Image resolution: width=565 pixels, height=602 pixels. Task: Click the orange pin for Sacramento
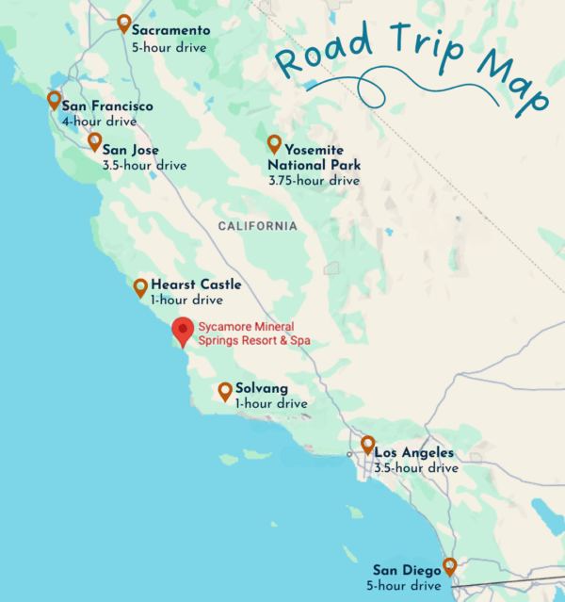click(x=124, y=24)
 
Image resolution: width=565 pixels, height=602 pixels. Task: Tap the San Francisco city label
click(x=106, y=106)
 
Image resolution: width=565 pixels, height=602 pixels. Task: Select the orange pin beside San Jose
click(x=94, y=141)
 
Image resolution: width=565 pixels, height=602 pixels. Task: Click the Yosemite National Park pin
click(x=274, y=143)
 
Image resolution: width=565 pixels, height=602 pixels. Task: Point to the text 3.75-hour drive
click(x=314, y=180)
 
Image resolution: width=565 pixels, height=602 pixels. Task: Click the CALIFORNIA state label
click(x=257, y=226)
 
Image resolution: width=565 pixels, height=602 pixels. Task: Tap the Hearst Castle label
click(x=196, y=285)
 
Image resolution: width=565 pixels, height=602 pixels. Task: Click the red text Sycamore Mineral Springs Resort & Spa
click(x=253, y=334)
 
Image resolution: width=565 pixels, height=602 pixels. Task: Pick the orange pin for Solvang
click(x=225, y=391)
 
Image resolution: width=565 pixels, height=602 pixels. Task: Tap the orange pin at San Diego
click(x=450, y=566)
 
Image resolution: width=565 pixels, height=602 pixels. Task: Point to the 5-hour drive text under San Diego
click(x=406, y=586)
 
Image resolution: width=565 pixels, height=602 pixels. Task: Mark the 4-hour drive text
click(x=99, y=122)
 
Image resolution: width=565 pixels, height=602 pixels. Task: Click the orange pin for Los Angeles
click(x=367, y=444)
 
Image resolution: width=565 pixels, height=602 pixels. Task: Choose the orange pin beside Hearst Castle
click(x=140, y=287)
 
